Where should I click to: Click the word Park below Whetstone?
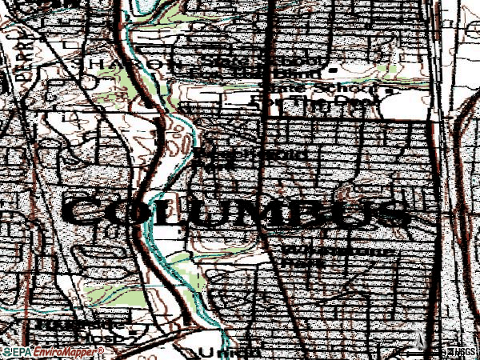pyautogui.click(x=298, y=262)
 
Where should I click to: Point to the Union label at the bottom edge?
pyautogui.click(x=220, y=351)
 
